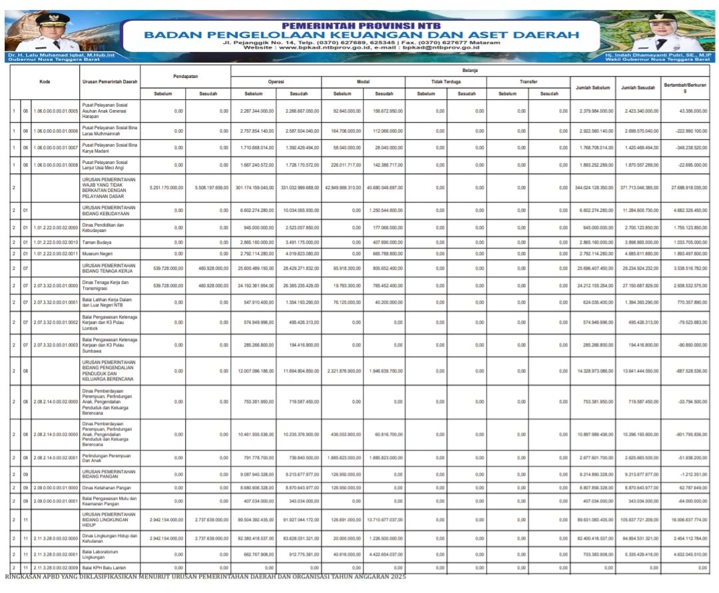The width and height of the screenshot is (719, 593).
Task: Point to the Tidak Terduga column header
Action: (445, 81)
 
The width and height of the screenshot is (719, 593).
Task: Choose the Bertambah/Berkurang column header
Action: (685, 87)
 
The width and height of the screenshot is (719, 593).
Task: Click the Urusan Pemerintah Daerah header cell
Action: (110, 82)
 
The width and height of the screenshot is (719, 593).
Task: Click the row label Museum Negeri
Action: (97, 254)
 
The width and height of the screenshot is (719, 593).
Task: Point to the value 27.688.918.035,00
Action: (686, 188)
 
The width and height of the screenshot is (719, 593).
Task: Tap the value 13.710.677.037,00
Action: (383, 519)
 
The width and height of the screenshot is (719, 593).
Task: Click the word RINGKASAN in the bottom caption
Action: (28, 576)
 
